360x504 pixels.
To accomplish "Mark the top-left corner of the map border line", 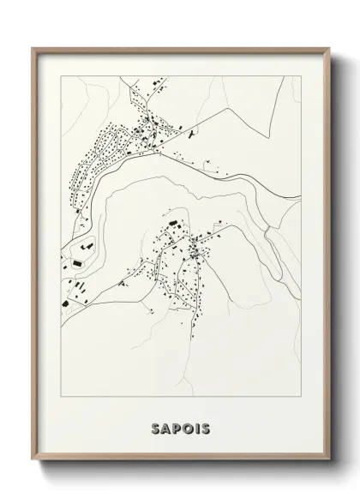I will pyautogui.click(x=58, y=75).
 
